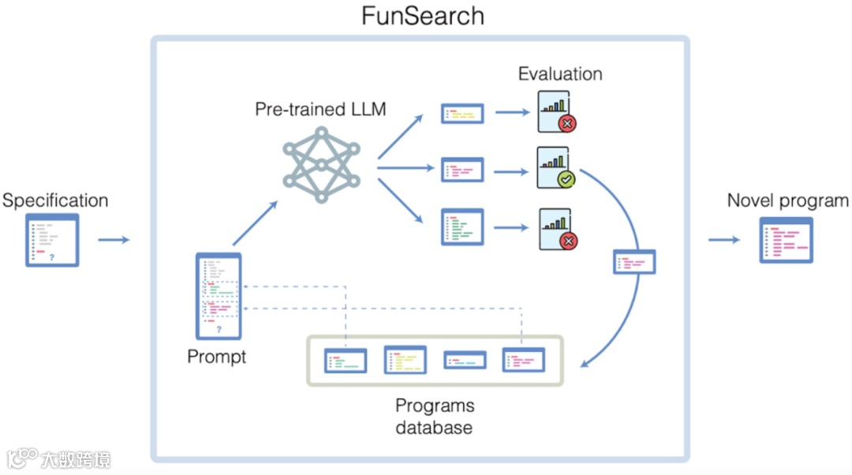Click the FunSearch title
tap(423, 16)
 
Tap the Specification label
tap(55, 200)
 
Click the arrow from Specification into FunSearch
tap(113, 239)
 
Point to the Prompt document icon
tap(219, 296)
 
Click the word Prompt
tap(217, 357)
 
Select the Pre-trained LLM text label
tap(320, 109)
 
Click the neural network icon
tap(321, 163)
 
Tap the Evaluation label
tap(560, 74)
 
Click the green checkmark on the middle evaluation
tap(566, 179)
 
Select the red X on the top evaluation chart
tap(566, 123)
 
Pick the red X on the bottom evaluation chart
tap(566, 241)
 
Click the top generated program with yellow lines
tap(461, 114)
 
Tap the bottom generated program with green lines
tap(461, 227)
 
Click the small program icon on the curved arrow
tap(634, 262)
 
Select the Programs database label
tap(435, 417)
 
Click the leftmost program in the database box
tap(346, 361)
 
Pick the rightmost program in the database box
tap(523, 361)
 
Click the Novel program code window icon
tap(786, 240)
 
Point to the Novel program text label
tap(787, 200)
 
